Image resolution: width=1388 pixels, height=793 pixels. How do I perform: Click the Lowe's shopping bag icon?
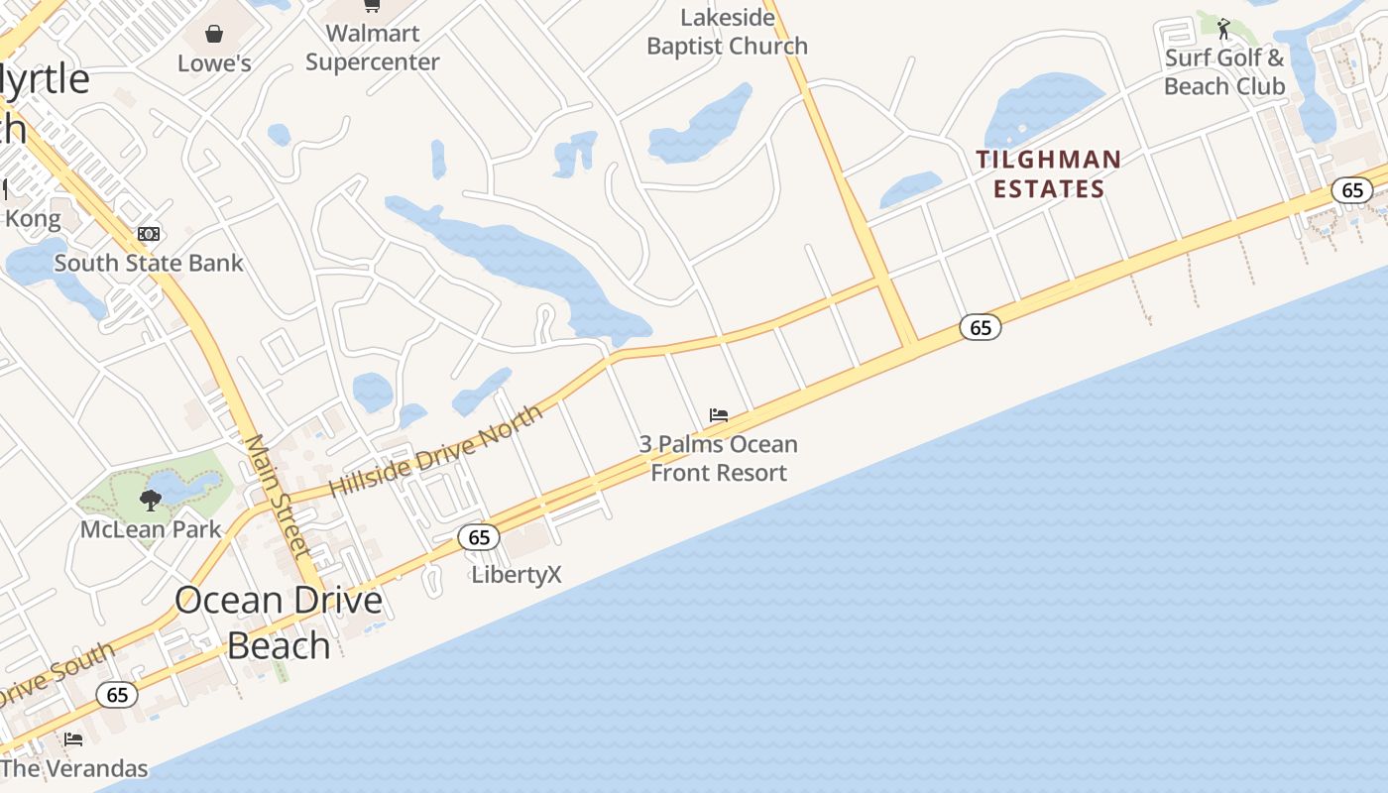tap(214, 35)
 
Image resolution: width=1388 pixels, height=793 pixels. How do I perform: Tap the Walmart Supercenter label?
tap(372, 48)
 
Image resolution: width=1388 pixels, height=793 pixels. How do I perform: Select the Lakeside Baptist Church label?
tap(727, 32)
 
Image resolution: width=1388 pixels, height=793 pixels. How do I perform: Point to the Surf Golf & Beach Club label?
tap(1224, 72)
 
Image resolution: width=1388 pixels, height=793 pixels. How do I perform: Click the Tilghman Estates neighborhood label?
tap(1049, 173)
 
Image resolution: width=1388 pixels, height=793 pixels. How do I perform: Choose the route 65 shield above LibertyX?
tap(479, 537)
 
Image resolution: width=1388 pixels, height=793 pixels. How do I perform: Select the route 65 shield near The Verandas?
tap(117, 695)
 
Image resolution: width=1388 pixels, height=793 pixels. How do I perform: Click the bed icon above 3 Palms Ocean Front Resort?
tap(719, 415)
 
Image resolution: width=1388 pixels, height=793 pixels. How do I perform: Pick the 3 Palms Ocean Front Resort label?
tap(719, 458)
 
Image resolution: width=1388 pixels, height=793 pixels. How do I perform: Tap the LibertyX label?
tap(517, 575)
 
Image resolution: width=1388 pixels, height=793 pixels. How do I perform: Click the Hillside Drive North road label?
tap(435, 451)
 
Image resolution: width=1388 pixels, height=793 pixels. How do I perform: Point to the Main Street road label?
tap(279, 496)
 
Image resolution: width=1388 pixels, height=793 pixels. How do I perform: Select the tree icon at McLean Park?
tap(151, 500)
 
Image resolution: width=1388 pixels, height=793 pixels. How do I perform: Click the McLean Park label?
tap(151, 529)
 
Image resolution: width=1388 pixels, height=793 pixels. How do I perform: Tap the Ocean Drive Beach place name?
tap(279, 623)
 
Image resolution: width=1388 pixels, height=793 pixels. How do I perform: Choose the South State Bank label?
tap(149, 263)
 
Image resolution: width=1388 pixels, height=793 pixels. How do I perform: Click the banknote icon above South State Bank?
tap(149, 234)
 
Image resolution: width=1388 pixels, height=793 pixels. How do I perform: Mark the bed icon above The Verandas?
tap(73, 738)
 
